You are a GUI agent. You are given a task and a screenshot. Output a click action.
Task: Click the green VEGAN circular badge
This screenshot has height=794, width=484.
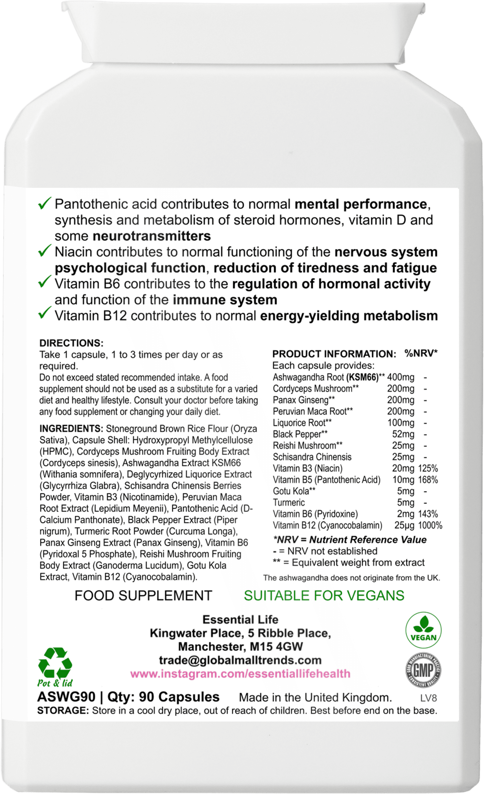423,630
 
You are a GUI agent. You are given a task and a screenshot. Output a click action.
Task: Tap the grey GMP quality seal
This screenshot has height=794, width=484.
423,671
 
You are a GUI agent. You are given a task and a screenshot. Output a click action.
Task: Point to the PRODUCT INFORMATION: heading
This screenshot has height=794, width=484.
334,354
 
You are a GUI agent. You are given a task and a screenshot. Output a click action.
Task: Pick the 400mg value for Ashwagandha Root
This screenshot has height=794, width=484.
401,377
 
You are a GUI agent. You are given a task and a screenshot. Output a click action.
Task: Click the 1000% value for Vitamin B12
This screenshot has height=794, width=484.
430,525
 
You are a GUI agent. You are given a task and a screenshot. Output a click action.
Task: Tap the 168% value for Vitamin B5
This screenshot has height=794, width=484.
428,480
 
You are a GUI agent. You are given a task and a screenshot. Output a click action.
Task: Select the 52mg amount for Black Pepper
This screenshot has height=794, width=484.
403,434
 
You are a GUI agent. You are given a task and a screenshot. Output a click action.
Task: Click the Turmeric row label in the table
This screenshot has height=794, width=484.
289,502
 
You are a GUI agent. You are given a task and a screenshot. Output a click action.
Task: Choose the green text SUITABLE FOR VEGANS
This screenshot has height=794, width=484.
324,595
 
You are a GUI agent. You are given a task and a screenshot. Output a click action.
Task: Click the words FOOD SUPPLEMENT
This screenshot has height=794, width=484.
143,595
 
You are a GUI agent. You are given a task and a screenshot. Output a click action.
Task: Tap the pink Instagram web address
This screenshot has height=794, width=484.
240,673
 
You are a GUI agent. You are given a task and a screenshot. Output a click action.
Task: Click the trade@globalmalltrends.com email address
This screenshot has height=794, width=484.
240,660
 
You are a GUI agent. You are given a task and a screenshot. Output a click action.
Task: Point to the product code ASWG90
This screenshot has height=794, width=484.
66,697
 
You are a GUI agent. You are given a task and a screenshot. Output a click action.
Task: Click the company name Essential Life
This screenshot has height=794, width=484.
240,619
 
